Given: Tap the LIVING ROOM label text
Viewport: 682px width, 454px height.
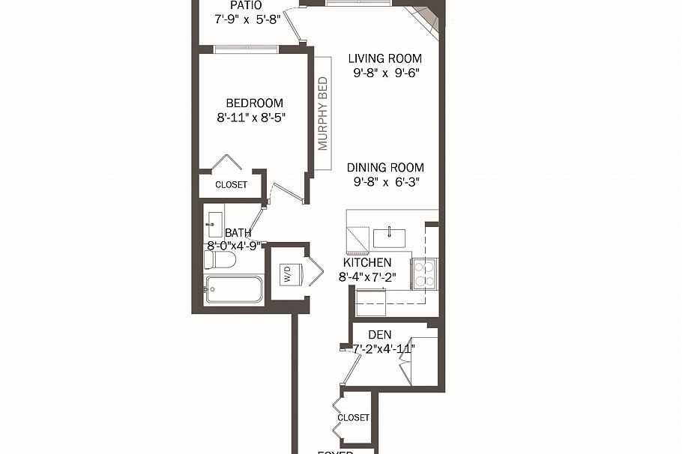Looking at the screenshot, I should [385, 58].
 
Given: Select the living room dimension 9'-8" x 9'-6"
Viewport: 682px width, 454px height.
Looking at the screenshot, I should [385, 73].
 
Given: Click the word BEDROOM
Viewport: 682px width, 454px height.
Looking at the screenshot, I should [255, 103].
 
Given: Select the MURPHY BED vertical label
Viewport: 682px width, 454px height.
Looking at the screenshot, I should [323, 113].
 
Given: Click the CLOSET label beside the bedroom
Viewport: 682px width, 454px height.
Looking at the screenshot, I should [231, 185].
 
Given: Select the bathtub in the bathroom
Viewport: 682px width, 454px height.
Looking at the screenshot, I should [233, 289].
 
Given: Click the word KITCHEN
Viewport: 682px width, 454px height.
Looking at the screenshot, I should [367, 263].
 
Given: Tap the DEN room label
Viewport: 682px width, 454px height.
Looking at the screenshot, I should [380, 334].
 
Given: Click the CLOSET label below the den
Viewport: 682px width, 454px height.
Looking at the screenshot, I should [353, 417].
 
